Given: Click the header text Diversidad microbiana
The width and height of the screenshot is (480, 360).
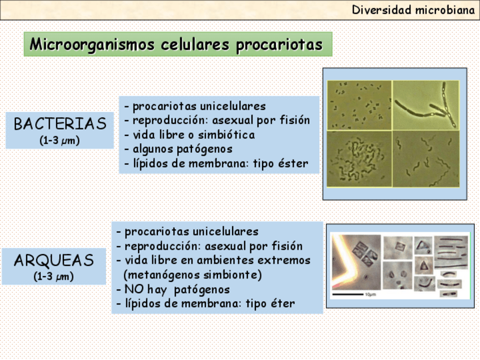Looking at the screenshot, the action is pyautogui.click(x=413, y=10).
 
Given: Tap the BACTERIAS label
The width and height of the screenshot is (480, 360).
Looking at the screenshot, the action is pyautogui.click(x=60, y=123).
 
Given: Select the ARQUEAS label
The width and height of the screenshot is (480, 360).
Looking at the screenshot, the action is pyautogui.click(x=54, y=260).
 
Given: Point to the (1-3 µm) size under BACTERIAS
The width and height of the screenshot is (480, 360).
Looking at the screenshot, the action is pyautogui.click(x=59, y=140).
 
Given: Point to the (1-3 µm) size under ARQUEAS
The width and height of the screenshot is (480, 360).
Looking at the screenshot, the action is pyautogui.click(x=54, y=276).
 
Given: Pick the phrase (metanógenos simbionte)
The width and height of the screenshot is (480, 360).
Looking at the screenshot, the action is pyautogui.click(x=192, y=275).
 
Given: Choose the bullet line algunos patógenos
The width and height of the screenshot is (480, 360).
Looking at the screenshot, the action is pyautogui.click(x=178, y=149).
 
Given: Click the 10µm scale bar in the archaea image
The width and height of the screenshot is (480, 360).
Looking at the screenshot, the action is pyautogui.click(x=348, y=294).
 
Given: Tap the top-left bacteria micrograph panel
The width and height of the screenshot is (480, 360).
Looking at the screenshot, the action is pyautogui.click(x=359, y=105).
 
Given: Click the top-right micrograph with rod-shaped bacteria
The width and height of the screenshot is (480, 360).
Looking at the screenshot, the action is pyautogui.click(x=426, y=105).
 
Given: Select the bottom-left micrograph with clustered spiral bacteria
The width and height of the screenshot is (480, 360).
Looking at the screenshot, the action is pyautogui.click(x=359, y=159).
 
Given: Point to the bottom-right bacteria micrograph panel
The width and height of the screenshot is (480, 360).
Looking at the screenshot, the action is pyautogui.click(x=426, y=159).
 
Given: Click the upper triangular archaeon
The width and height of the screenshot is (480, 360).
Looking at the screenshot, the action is pyautogui.click(x=423, y=246).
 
